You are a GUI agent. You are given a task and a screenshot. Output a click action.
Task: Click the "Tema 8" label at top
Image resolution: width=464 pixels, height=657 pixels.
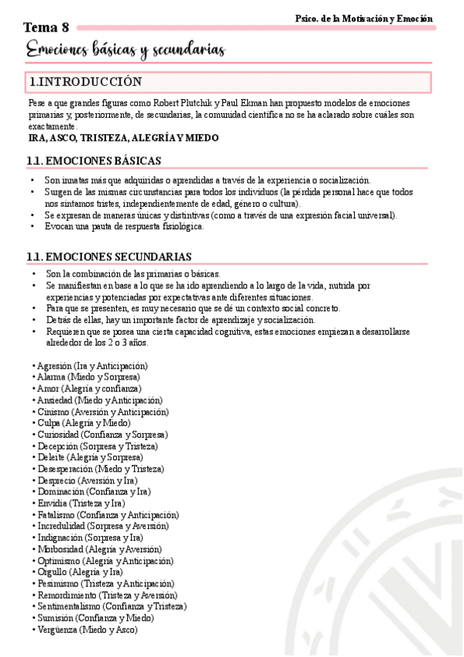[46, 28]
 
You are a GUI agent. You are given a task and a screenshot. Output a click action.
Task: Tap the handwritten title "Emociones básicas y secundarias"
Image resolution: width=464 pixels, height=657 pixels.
[125, 51]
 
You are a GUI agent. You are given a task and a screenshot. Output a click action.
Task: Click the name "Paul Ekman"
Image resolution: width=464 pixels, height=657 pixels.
[244, 103]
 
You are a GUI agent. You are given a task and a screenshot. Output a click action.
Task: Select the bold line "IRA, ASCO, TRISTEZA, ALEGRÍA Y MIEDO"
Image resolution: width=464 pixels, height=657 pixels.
[123, 138]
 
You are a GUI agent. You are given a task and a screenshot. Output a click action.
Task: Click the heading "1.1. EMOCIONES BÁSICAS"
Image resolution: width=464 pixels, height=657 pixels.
[94, 161]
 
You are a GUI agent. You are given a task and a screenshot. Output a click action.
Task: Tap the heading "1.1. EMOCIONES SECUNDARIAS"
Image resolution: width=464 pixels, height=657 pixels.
[109, 256]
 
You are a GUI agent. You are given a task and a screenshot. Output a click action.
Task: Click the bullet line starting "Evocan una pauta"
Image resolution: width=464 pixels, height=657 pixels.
[124, 227]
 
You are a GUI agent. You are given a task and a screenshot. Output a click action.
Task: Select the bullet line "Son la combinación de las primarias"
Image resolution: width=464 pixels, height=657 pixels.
[132, 273]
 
